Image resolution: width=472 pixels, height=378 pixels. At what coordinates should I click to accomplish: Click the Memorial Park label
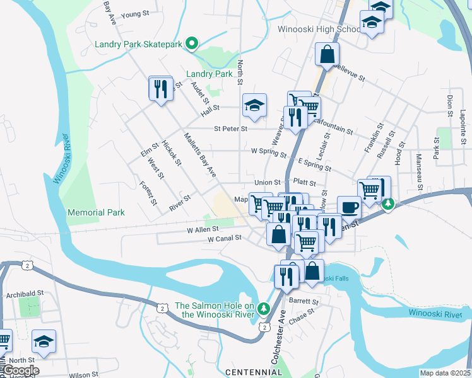click(x=96, y=213)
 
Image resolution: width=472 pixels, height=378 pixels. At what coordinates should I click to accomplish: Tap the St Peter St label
click(x=230, y=129)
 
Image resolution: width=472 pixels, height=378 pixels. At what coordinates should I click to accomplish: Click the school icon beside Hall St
click(x=254, y=105)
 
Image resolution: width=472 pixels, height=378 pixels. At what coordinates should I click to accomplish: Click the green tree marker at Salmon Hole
click(x=264, y=309)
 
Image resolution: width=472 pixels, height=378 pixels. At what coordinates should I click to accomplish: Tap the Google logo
click(x=20, y=370)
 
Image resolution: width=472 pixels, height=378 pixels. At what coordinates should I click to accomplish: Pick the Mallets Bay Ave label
click(x=201, y=155)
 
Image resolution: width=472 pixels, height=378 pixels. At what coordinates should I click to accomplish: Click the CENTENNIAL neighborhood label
click(x=253, y=372)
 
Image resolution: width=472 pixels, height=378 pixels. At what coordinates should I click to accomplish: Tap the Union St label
click(x=267, y=182)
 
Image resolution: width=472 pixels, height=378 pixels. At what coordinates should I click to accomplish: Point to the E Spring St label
click(x=315, y=166)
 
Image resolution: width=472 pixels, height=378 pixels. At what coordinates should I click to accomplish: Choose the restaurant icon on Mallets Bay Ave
click(x=161, y=88)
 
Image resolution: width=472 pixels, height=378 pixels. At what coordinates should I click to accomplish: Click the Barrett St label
click(x=304, y=302)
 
